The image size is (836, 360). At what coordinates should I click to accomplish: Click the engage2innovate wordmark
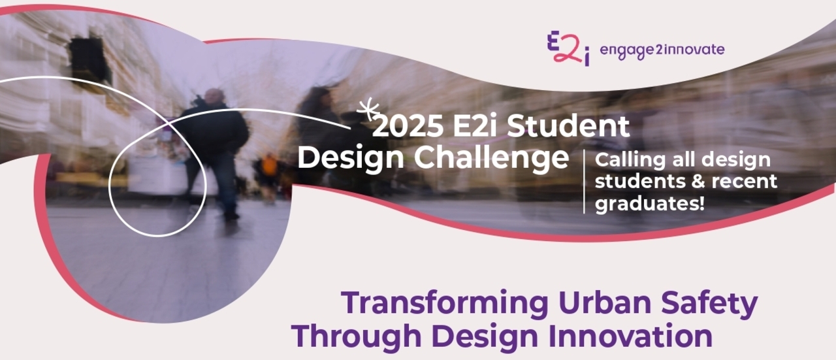pyautogui.click(x=662, y=50)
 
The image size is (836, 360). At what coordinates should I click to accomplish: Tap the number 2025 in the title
pyautogui.click(x=408, y=126)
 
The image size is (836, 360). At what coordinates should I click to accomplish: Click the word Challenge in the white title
pyautogui.click(x=492, y=157)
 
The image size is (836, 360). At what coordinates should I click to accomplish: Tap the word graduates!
pyautogui.click(x=650, y=204)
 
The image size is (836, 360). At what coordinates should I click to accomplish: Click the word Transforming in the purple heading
pyautogui.click(x=445, y=304)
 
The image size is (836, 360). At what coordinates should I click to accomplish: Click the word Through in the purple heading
pyautogui.click(x=357, y=337)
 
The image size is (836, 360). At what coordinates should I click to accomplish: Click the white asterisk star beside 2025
pyautogui.click(x=368, y=108)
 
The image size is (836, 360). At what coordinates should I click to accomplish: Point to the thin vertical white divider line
pyautogui.click(x=584, y=182)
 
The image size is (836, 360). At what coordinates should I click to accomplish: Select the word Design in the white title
pyautogui.click(x=351, y=158)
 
